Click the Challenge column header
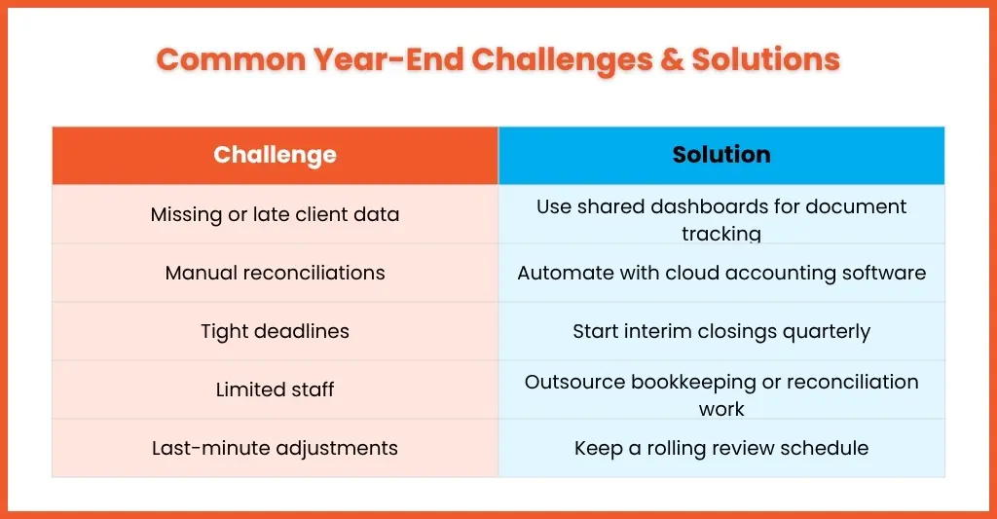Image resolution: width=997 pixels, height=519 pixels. [275, 155]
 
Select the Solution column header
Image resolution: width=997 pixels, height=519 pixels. [721, 155]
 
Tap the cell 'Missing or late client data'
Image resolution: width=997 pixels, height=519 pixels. [275, 214]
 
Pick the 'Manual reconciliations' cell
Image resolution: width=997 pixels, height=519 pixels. [275, 273]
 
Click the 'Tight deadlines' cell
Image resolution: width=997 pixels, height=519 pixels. [275, 331]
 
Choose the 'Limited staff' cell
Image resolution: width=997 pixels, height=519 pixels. [275, 389]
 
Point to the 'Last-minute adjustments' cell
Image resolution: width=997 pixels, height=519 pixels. [275, 448]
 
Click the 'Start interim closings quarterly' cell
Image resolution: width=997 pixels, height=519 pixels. [721, 331]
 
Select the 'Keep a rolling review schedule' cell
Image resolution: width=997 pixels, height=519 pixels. [721, 448]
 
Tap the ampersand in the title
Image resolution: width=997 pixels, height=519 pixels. [672, 59]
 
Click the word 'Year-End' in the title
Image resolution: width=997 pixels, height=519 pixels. [388, 59]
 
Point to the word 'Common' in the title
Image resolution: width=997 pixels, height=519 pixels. [232, 59]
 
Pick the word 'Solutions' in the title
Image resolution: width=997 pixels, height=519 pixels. [765, 59]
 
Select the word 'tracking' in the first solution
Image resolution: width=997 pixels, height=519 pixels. [721, 234]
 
